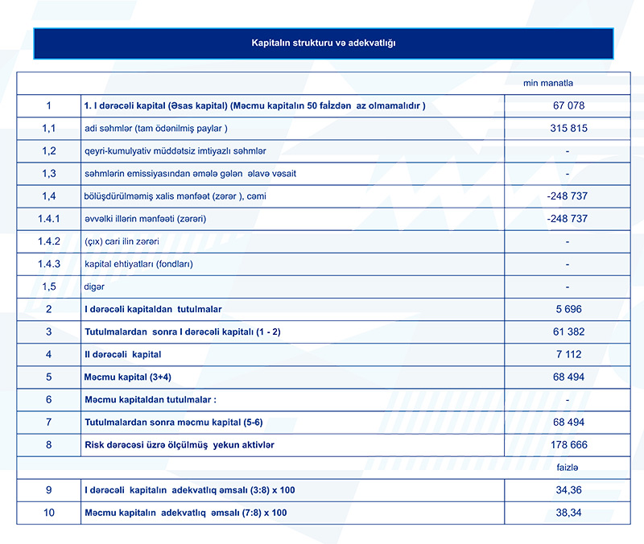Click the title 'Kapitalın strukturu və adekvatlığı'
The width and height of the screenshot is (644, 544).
(x=324, y=43)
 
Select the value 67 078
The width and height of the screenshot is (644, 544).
(x=568, y=105)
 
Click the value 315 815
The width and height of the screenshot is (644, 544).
(x=568, y=129)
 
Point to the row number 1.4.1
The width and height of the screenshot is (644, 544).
(x=49, y=219)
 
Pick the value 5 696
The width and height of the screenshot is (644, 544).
(x=568, y=309)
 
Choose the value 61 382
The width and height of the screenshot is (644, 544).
(x=568, y=332)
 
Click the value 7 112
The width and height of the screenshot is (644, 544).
(x=568, y=354)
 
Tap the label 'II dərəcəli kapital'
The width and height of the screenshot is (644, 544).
(x=123, y=354)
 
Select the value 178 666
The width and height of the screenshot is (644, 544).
(x=568, y=444)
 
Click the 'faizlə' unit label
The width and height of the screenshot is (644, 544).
(x=568, y=467)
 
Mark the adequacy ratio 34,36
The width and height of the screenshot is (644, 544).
(x=568, y=489)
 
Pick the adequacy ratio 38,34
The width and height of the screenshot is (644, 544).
(x=568, y=513)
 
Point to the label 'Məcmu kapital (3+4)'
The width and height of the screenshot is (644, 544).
(x=128, y=377)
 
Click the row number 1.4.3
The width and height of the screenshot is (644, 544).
(x=49, y=264)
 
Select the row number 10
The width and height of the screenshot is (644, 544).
(x=49, y=513)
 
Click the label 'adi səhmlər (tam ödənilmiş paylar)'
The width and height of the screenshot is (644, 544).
(x=156, y=129)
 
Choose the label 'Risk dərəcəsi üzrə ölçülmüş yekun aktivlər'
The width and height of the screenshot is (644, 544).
(x=185, y=444)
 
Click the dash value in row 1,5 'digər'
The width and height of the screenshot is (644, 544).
(x=568, y=286)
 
